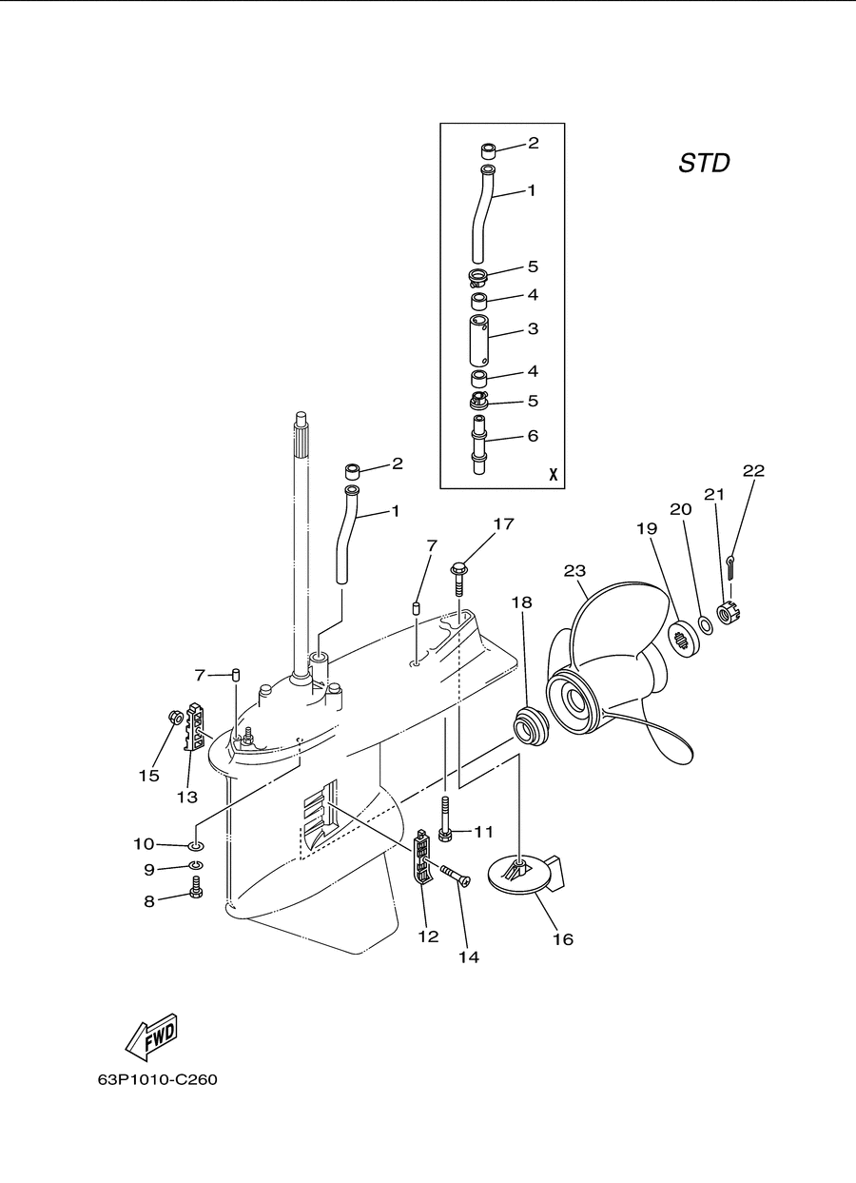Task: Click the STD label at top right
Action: pos(704,163)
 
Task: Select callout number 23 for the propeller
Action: pos(574,571)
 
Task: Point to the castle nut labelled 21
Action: pos(730,612)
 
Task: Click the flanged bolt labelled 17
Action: pos(457,579)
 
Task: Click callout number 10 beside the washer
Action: pos(144,844)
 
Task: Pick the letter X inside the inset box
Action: pos(554,474)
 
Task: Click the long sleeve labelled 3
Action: pos(479,341)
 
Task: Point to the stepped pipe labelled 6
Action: pos(478,444)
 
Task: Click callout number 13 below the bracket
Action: pos(186,797)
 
